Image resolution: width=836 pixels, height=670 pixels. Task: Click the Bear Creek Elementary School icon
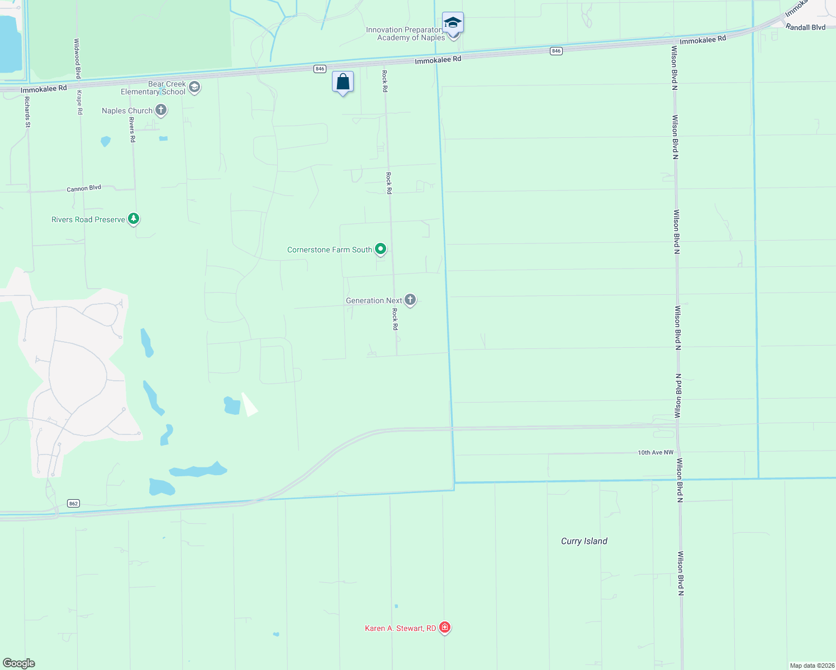point(194,87)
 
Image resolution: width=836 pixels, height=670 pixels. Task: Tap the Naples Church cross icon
point(161,110)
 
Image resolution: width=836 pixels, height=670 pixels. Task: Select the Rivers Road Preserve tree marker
point(133,219)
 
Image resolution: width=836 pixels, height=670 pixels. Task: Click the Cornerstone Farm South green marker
point(381,249)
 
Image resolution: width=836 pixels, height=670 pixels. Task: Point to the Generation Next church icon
point(410,300)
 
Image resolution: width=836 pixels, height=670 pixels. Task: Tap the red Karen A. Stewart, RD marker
point(445,628)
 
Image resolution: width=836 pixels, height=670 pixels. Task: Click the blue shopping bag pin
point(343,82)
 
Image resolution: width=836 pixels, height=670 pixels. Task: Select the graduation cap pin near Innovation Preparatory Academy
point(453,23)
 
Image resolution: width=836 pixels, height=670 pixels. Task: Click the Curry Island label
point(584,541)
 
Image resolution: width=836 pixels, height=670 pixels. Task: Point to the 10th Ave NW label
point(655,452)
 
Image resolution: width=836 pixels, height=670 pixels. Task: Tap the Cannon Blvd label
point(84,189)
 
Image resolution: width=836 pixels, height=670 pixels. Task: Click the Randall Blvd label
point(805,27)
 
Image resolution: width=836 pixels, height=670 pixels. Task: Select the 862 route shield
point(73,503)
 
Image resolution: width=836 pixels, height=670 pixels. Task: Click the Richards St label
point(27,112)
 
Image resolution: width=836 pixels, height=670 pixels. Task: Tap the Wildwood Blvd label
point(77,58)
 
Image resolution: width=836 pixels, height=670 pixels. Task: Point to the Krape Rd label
point(80,102)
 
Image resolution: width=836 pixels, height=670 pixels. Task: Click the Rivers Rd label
point(132,130)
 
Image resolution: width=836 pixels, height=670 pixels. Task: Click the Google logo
point(19,663)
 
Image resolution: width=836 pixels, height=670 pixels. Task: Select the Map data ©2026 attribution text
point(811,666)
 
